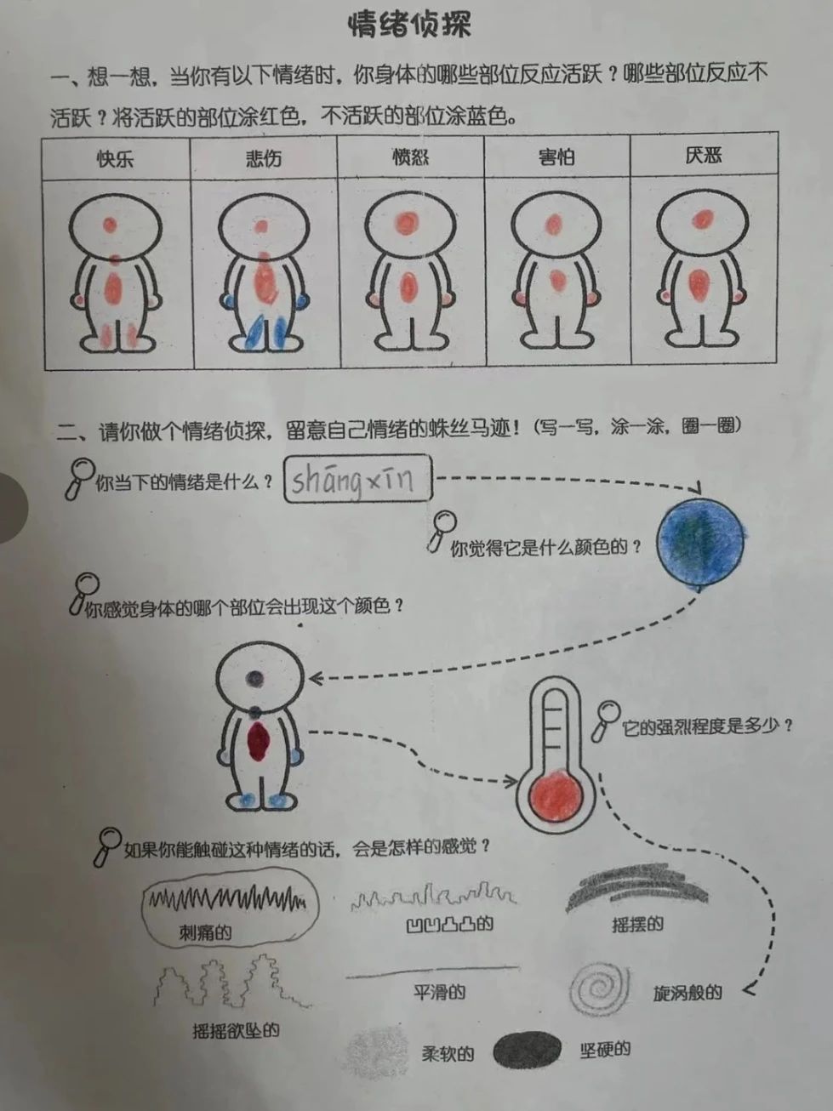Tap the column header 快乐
[115, 159]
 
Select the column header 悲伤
[264, 158]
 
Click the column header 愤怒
[410, 157]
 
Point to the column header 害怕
[556, 157]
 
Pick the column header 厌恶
[704, 156]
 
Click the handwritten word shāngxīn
[353, 481]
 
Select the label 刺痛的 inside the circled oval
[205, 932]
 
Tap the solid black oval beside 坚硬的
[527, 1050]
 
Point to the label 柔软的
[448, 1054]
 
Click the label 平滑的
[439, 992]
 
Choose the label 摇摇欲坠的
[236, 1031]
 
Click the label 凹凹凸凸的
[450, 924]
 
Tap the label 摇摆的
[637, 925]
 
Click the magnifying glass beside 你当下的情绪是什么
[81, 477]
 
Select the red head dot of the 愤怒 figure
[407, 223]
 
